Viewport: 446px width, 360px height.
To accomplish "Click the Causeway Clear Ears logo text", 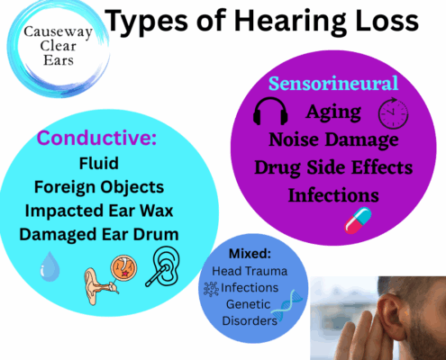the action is pyautogui.click(x=58, y=46).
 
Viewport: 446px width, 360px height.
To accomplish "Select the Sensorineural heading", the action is pyautogui.click(x=333, y=83).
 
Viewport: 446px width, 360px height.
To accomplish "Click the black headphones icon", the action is pyautogui.click(x=270, y=111).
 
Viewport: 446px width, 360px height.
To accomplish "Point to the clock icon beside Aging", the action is pyautogui.click(x=393, y=113).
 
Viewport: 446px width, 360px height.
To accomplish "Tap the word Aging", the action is pyautogui.click(x=333, y=112).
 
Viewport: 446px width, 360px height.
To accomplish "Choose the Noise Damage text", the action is pyautogui.click(x=333, y=140).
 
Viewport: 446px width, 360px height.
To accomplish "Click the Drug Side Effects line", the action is pyautogui.click(x=333, y=167).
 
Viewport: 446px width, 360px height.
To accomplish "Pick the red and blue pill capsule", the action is pyautogui.click(x=358, y=220).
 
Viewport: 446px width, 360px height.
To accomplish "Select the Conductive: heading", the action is pyautogui.click(x=96, y=138).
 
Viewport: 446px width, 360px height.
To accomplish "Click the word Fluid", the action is pyautogui.click(x=99, y=164).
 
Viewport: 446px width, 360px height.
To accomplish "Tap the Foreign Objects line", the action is pyautogui.click(x=99, y=187).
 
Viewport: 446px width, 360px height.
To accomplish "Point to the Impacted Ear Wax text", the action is pyautogui.click(x=99, y=211).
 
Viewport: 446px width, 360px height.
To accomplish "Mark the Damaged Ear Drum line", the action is pyautogui.click(x=99, y=234).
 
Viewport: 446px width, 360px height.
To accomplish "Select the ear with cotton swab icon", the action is pyautogui.click(x=163, y=266).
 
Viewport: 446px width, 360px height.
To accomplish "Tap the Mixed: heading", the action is pyautogui.click(x=250, y=254).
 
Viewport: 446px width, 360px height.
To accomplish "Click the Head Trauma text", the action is pyautogui.click(x=250, y=271).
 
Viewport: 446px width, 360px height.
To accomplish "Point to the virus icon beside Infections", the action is pyautogui.click(x=211, y=289).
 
